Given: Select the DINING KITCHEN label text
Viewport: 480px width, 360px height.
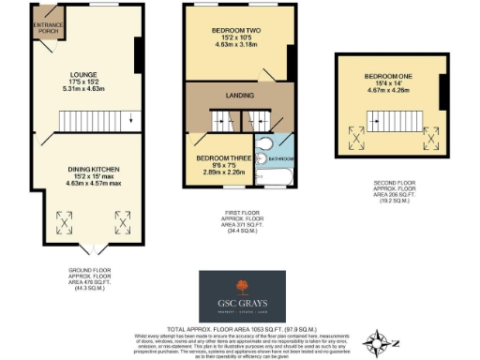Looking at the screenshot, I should pyautogui.click(x=92, y=170).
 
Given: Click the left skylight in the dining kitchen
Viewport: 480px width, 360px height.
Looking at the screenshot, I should pyautogui.click(x=65, y=222).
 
